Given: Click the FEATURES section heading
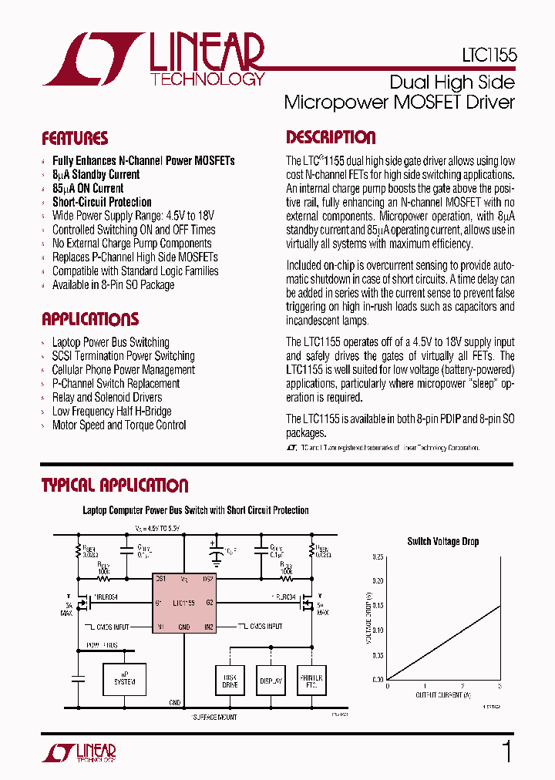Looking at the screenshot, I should tap(75, 139).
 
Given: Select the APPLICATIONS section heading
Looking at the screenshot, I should tap(90, 320).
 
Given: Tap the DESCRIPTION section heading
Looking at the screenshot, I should tap(331, 138).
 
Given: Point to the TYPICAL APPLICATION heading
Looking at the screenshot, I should tap(115, 486).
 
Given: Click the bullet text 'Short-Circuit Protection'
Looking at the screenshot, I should tap(102, 202).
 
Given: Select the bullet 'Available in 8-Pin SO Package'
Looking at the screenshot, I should tap(113, 285).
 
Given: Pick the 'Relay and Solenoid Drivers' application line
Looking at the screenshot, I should tap(107, 398).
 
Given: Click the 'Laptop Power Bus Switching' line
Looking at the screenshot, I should tap(110, 342).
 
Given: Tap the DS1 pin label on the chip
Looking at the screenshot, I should tap(160, 577).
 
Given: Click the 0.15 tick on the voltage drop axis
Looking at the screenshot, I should tap(378, 605).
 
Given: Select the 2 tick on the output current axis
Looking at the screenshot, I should tap(462, 686).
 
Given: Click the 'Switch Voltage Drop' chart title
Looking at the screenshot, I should tap(442, 542).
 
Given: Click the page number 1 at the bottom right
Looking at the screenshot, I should tap(506, 751).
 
